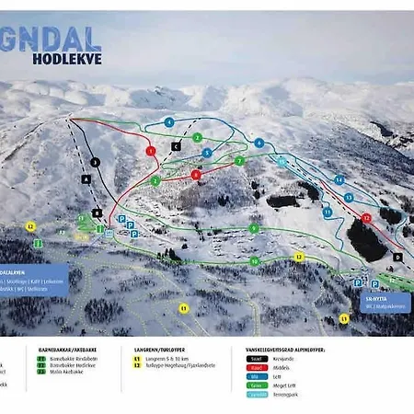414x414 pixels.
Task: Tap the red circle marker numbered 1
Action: [x=150, y=150]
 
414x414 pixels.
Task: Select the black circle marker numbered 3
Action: [x=95, y=162]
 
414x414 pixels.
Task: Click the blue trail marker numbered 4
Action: [x=169, y=121]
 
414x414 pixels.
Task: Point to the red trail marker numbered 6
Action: [x=195, y=174]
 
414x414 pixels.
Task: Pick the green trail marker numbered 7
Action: [x=239, y=160]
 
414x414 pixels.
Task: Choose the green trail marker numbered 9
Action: [x=254, y=228]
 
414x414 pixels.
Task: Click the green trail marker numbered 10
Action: [x=254, y=261]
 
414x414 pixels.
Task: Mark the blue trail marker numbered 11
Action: [x=327, y=213]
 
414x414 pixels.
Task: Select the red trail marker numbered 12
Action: [x=366, y=218]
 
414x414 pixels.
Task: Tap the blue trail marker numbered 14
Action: [x=339, y=179]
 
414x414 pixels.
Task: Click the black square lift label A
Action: [x=86, y=180]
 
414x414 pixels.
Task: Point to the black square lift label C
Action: [x=176, y=145]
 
